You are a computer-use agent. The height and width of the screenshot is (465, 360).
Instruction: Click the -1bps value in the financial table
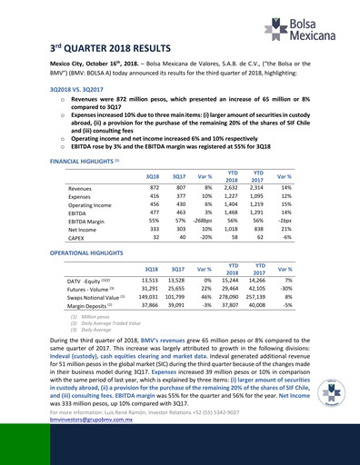(x=311, y=220)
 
